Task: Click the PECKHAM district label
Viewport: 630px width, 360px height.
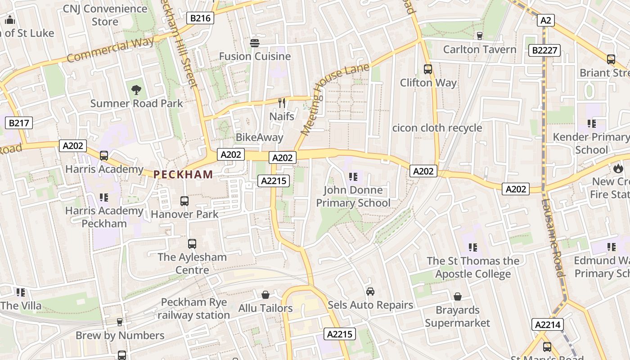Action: pyautogui.click(x=183, y=175)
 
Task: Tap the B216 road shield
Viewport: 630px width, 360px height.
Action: pyautogui.click(x=200, y=18)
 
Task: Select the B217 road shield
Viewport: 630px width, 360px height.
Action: pyautogui.click(x=19, y=122)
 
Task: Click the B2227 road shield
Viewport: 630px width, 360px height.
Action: pyautogui.click(x=544, y=50)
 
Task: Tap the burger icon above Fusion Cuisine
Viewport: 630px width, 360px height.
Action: pyautogui.click(x=255, y=43)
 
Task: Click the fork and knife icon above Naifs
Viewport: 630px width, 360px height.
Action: pyautogui.click(x=282, y=103)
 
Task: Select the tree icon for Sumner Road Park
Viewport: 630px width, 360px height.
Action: pyautogui.click(x=136, y=90)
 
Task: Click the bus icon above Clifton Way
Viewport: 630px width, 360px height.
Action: pyautogui.click(x=428, y=69)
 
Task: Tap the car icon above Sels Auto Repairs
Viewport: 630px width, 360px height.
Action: pyautogui.click(x=370, y=292)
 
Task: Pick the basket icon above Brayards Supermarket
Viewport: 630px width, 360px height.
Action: pyautogui.click(x=457, y=297)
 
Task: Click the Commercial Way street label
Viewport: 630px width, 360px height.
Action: pyautogui.click(x=110, y=50)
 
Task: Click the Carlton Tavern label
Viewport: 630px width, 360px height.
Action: pyautogui.click(x=480, y=49)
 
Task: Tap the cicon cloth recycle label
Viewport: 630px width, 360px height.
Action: pyautogui.click(x=437, y=128)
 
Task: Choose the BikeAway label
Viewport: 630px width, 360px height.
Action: pyautogui.click(x=260, y=137)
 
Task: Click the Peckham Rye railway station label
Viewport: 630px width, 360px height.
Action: pyautogui.click(x=194, y=309)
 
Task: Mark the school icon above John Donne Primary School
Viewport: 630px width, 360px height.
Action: pyautogui.click(x=353, y=176)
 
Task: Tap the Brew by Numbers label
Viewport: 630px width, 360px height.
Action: pyautogui.click(x=120, y=335)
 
